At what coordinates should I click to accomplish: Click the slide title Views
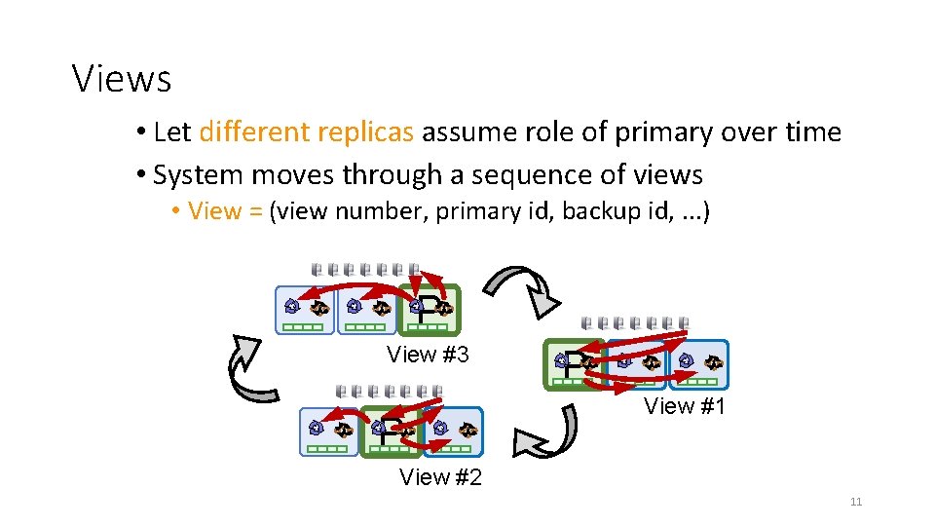coord(122,79)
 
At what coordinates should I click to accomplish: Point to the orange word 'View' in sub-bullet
coord(214,211)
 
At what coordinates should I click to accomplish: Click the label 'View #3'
coord(428,355)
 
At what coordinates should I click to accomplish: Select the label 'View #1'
coord(685,406)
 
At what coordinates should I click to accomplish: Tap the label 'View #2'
coord(440,477)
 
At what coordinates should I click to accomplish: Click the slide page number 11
coord(856,502)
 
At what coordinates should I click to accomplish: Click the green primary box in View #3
coord(430,310)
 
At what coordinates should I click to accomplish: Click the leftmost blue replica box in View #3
coord(304,310)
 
